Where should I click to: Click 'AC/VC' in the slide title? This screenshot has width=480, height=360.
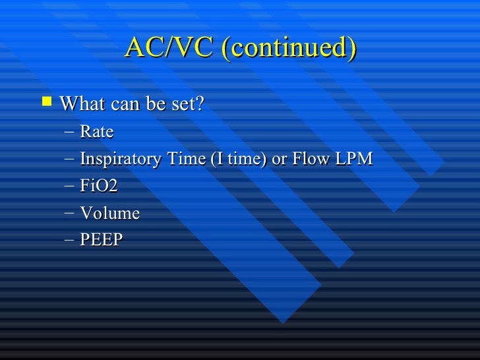[x=169, y=48]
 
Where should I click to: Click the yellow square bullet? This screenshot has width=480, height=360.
[x=45, y=102]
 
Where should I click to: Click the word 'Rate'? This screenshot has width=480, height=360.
[x=96, y=132]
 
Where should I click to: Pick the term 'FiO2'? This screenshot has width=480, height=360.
[x=99, y=186]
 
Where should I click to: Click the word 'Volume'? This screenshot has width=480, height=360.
[x=109, y=213]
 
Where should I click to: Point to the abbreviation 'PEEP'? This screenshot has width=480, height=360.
[x=102, y=240]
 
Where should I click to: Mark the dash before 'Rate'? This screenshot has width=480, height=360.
[x=70, y=133]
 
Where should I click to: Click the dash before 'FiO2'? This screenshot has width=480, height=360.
[x=70, y=187]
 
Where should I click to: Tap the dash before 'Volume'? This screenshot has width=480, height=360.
[x=70, y=214]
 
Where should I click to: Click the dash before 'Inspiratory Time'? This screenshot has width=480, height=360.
[x=70, y=160]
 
